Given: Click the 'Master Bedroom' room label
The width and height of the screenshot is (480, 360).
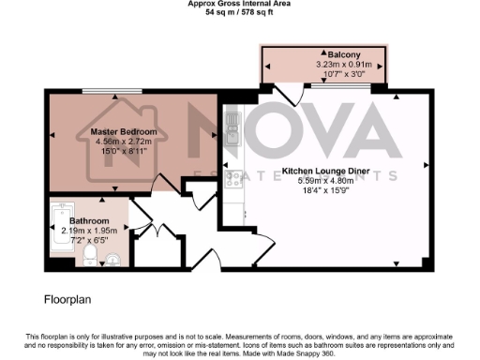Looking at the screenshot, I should pos(129,131).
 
